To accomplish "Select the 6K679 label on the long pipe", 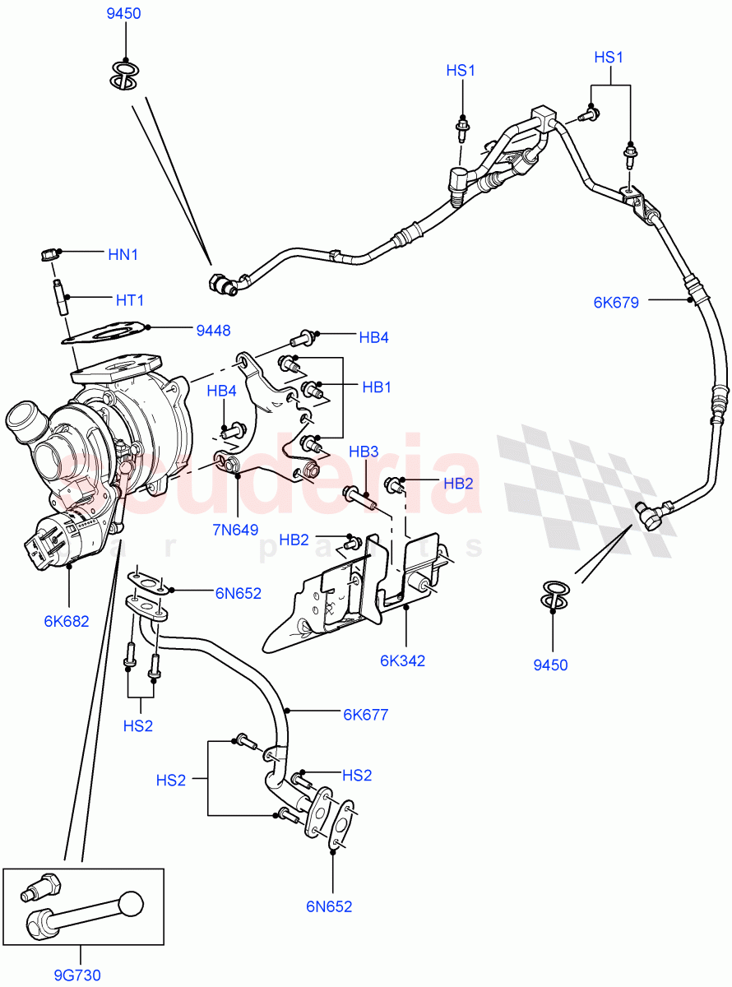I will coord(615,302).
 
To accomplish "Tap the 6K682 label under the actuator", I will coord(67,621).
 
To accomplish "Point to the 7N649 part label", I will coord(236,529).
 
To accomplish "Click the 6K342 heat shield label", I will coord(402,660).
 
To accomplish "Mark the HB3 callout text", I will coord(364,452).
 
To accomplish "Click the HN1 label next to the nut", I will coord(123,254).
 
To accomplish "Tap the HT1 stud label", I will coord(129,301).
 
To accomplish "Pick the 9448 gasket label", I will coord(213,331).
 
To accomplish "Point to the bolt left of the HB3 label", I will coord(357,496).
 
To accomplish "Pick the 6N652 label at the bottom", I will coord(329,906).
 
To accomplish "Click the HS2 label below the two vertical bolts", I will coord(138,725).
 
